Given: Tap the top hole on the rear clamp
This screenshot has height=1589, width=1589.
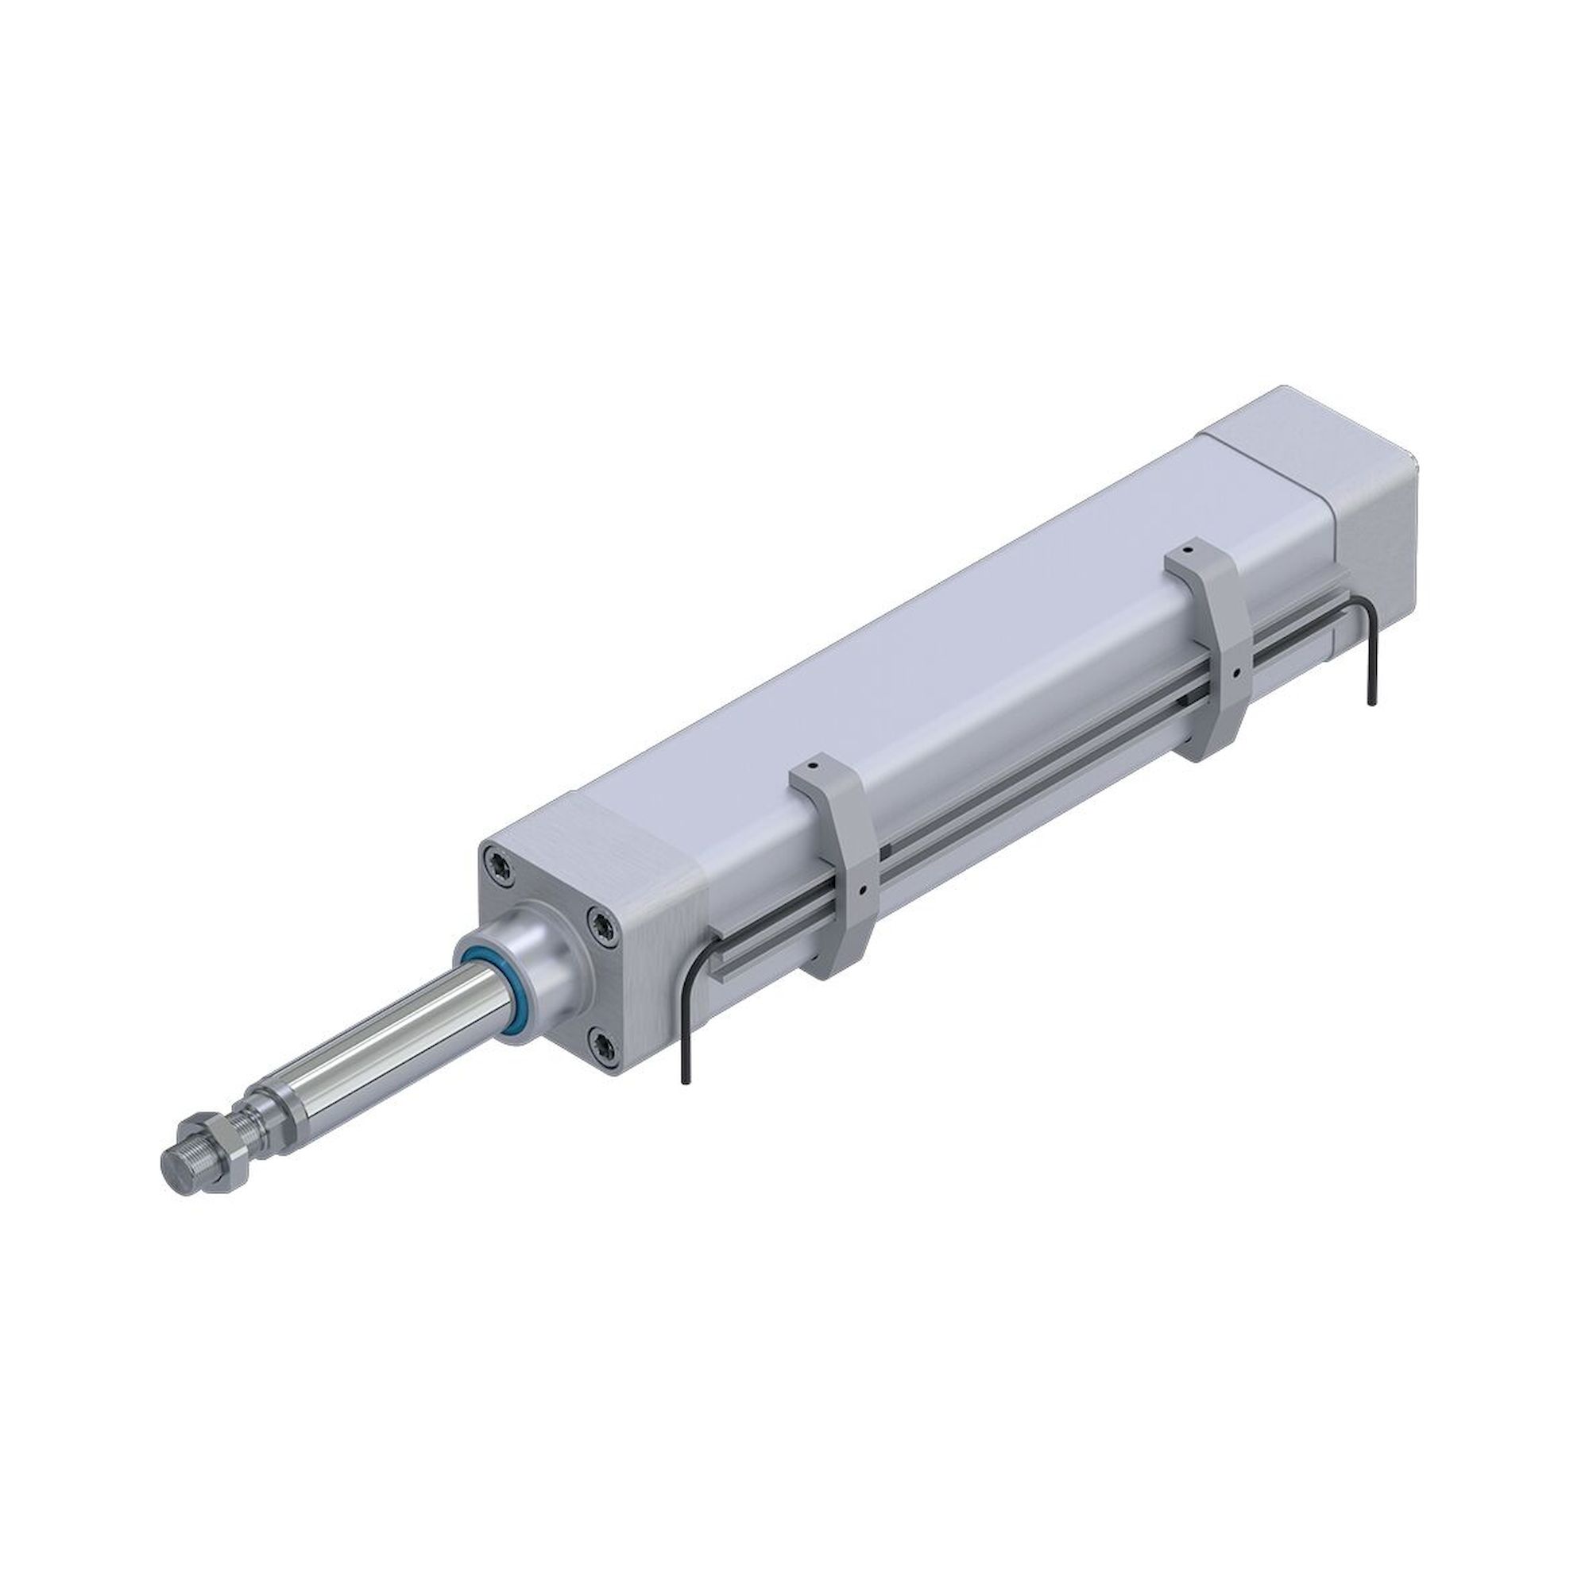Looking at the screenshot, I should click(x=1188, y=545).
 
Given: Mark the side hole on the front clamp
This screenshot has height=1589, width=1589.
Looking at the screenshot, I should click(x=861, y=891).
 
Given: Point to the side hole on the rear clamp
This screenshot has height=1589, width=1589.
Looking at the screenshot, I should click(x=1236, y=675).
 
